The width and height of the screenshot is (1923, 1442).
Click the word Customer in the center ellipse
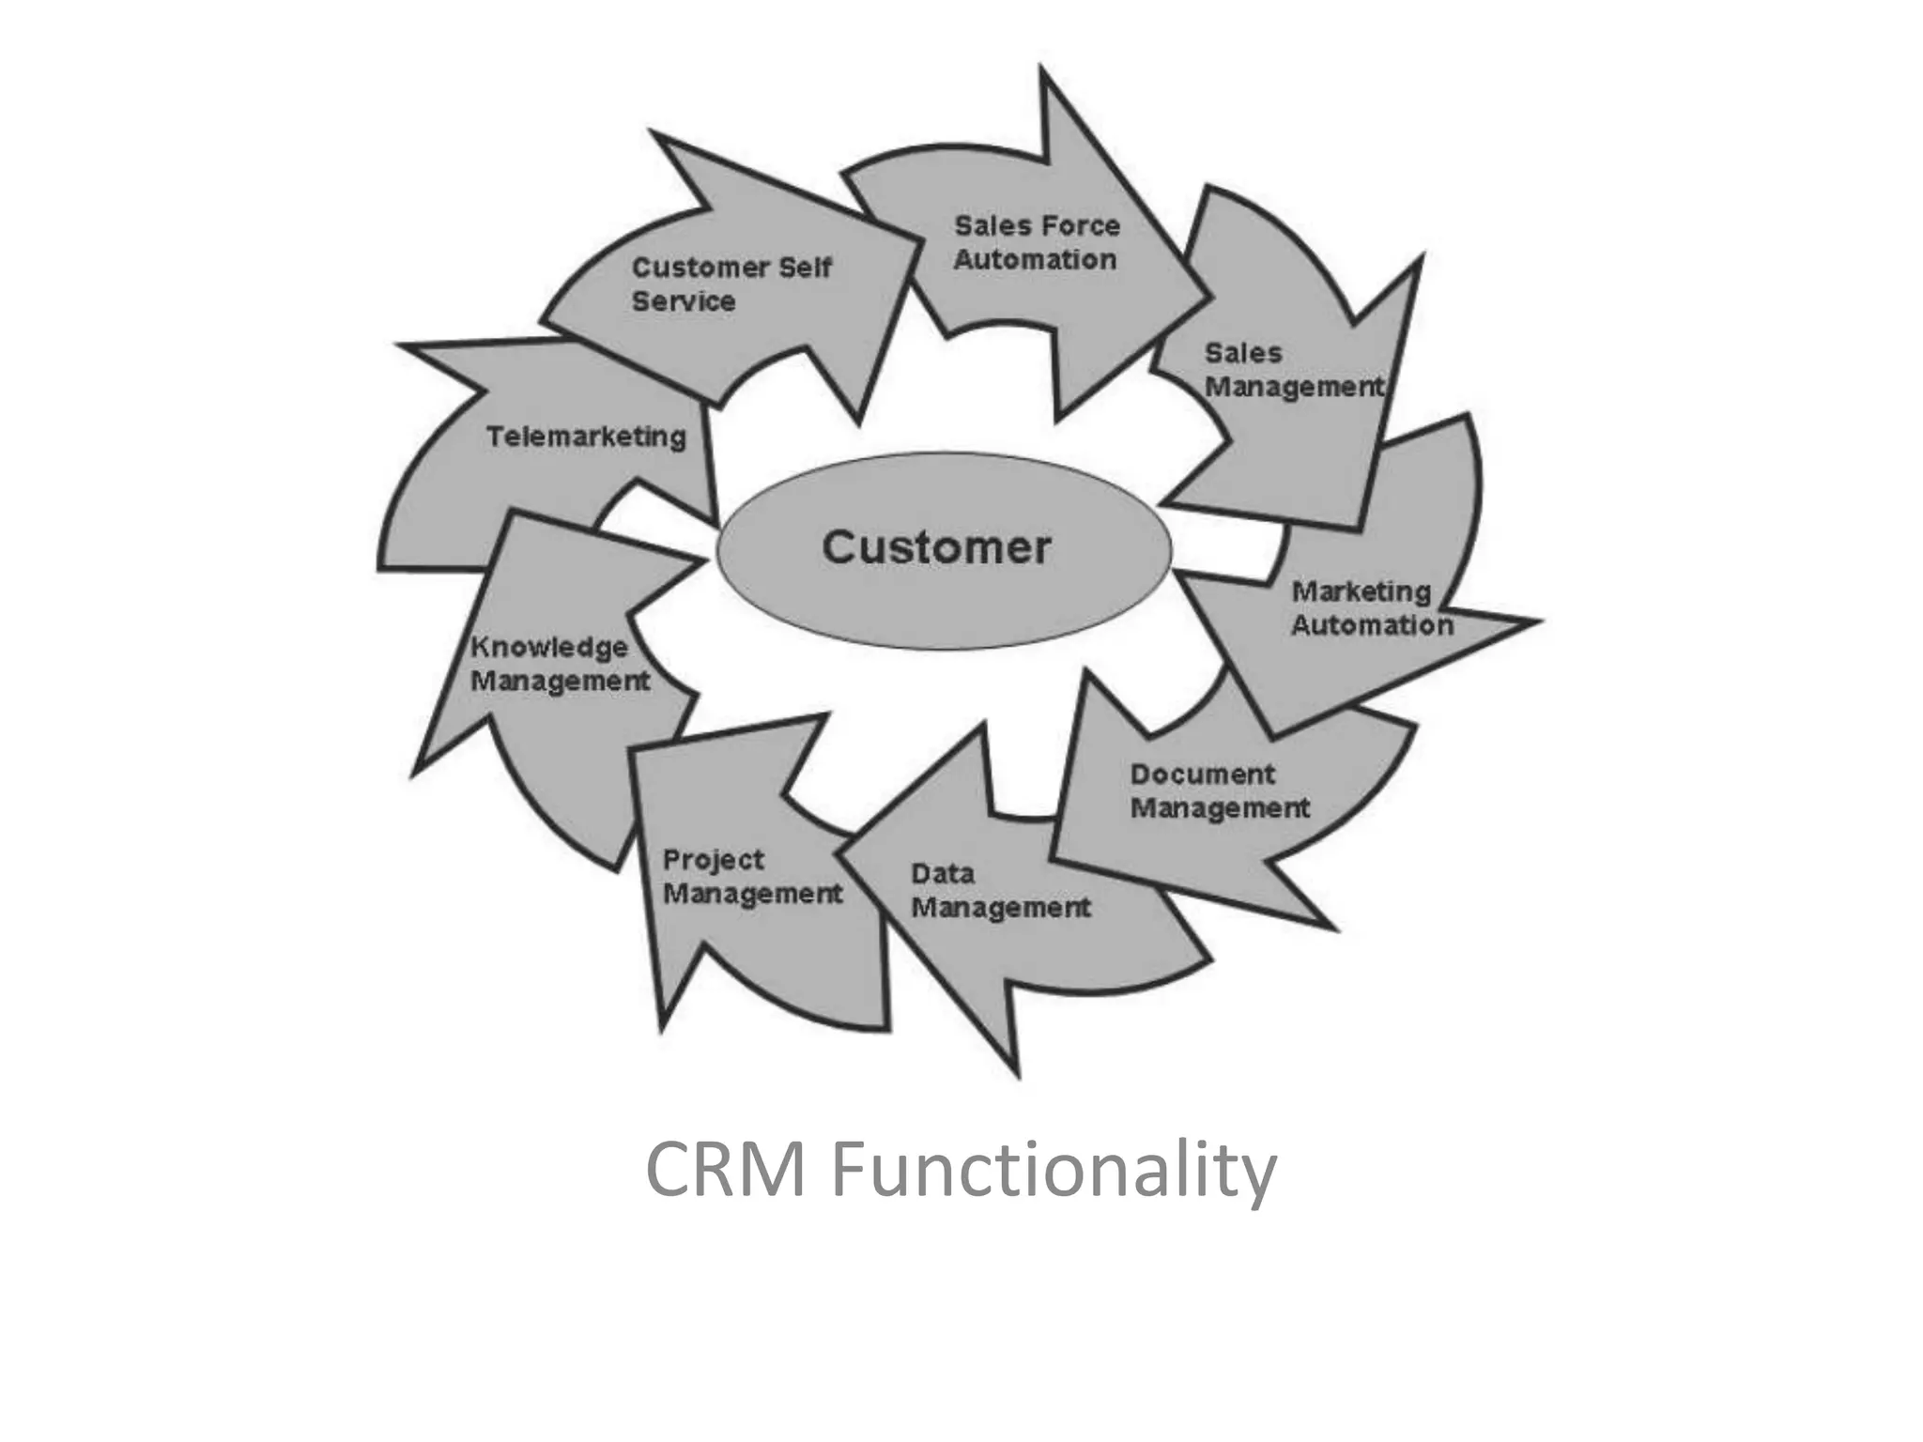(x=936, y=548)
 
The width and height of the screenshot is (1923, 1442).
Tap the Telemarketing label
(x=586, y=437)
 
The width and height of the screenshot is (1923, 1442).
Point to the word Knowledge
(x=549, y=647)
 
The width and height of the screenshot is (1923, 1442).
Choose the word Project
(x=714, y=861)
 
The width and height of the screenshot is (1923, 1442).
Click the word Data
(x=943, y=874)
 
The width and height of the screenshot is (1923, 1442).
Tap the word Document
(x=1203, y=775)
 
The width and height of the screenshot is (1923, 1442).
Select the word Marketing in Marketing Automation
(x=1361, y=591)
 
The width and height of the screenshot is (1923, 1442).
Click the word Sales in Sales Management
(x=1243, y=354)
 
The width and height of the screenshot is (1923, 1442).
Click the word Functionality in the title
(x=1054, y=1170)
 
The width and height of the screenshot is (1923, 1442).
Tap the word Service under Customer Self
(x=683, y=302)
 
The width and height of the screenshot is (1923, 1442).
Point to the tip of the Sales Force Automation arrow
(x=1208, y=294)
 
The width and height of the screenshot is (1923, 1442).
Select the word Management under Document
(x=1219, y=808)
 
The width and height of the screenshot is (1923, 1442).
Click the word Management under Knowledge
(x=560, y=682)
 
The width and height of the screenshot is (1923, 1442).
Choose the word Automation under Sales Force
(x=1035, y=260)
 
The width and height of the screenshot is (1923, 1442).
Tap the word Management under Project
(x=752, y=894)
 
